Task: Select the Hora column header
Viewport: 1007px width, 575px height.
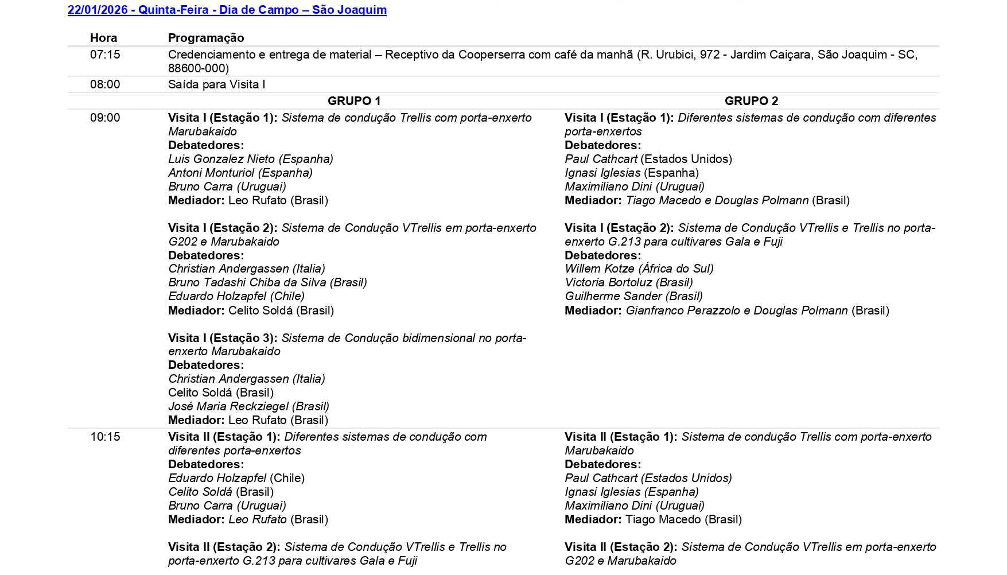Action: pos(103,38)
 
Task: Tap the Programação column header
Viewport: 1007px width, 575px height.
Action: pos(206,38)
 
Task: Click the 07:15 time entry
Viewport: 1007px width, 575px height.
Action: pos(105,55)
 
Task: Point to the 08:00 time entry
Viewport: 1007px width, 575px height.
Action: pos(105,84)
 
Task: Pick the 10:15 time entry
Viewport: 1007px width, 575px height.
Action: pos(105,437)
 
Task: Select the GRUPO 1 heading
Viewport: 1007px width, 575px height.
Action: pos(354,101)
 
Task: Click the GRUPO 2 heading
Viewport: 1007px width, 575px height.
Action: pos(751,101)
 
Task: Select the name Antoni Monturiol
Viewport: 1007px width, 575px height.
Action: pos(211,173)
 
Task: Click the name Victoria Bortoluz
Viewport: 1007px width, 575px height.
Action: pos(608,282)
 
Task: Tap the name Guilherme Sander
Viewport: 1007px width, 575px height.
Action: pos(605,296)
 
